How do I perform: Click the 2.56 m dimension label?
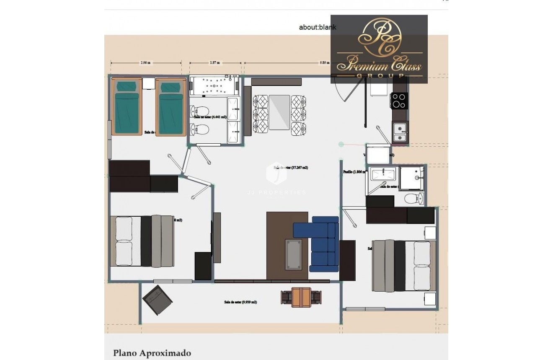[x=145, y=63]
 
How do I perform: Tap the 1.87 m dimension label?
[x=215, y=63]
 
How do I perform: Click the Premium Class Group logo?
[x=379, y=49]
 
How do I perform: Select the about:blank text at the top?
[x=317, y=28]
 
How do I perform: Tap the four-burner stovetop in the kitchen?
[x=399, y=101]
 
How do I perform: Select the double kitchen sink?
[x=400, y=132]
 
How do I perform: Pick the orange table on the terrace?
[x=301, y=297]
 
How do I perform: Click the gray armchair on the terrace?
[x=157, y=300]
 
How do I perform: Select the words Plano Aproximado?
[x=152, y=353]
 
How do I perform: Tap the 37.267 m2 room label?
[x=291, y=168]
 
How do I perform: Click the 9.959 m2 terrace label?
[x=240, y=302]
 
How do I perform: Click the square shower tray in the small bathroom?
[x=411, y=178]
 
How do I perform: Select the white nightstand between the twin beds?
[x=148, y=83]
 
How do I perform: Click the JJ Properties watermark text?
[x=282, y=192]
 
